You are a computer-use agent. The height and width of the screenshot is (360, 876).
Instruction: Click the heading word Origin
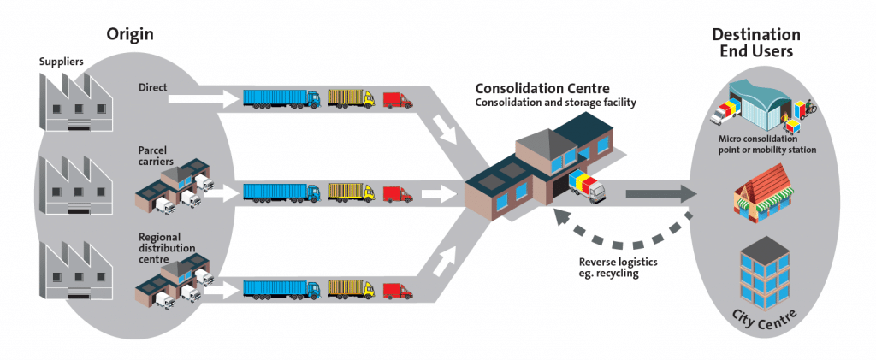129,34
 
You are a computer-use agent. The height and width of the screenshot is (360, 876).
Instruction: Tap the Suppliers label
62,62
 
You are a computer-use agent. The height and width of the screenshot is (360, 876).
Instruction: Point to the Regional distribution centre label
167,247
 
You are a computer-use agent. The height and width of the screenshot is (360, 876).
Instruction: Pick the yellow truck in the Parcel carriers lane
351,193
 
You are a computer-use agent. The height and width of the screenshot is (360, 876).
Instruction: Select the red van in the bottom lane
397,290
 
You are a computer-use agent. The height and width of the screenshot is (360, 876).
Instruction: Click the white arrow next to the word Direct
201,100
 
